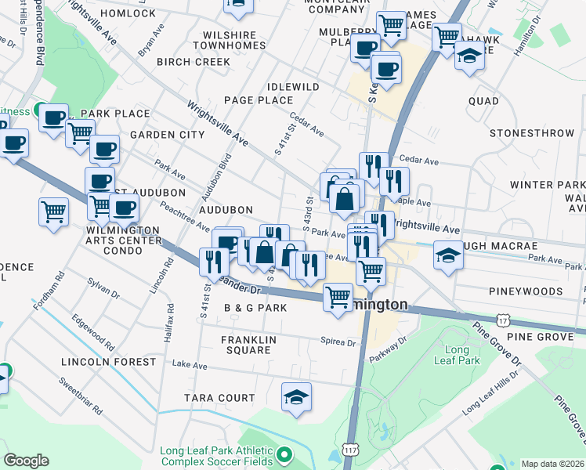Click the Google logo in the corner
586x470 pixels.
tap(27, 461)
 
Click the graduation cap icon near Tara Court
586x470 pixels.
tap(296, 396)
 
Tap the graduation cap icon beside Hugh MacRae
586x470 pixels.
tap(448, 257)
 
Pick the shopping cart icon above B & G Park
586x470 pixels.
tap(338, 297)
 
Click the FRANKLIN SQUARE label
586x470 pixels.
tap(245, 345)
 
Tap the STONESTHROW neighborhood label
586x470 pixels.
tap(532, 134)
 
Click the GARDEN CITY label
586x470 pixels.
tap(167, 135)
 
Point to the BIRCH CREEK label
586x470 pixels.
tap(193, 62)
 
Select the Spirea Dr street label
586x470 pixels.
tap(338, 342)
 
